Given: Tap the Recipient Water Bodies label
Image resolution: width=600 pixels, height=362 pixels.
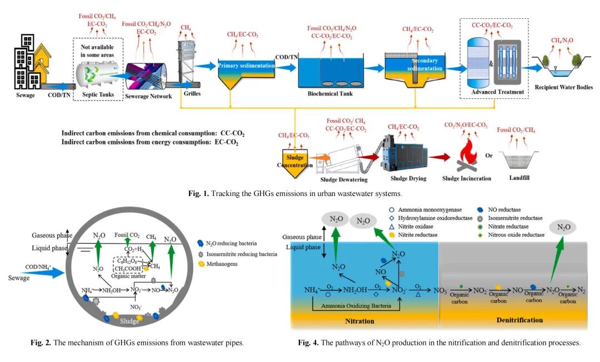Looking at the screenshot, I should coord(563,87).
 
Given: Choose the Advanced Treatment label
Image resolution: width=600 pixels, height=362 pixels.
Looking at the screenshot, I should coord(497,92).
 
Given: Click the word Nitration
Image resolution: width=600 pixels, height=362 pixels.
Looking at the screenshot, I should coord(359,321).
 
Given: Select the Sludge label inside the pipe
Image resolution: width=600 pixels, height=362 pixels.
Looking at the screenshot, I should coord(129,321).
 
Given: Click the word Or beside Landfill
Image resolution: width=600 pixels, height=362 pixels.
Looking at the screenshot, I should coord(489,155).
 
